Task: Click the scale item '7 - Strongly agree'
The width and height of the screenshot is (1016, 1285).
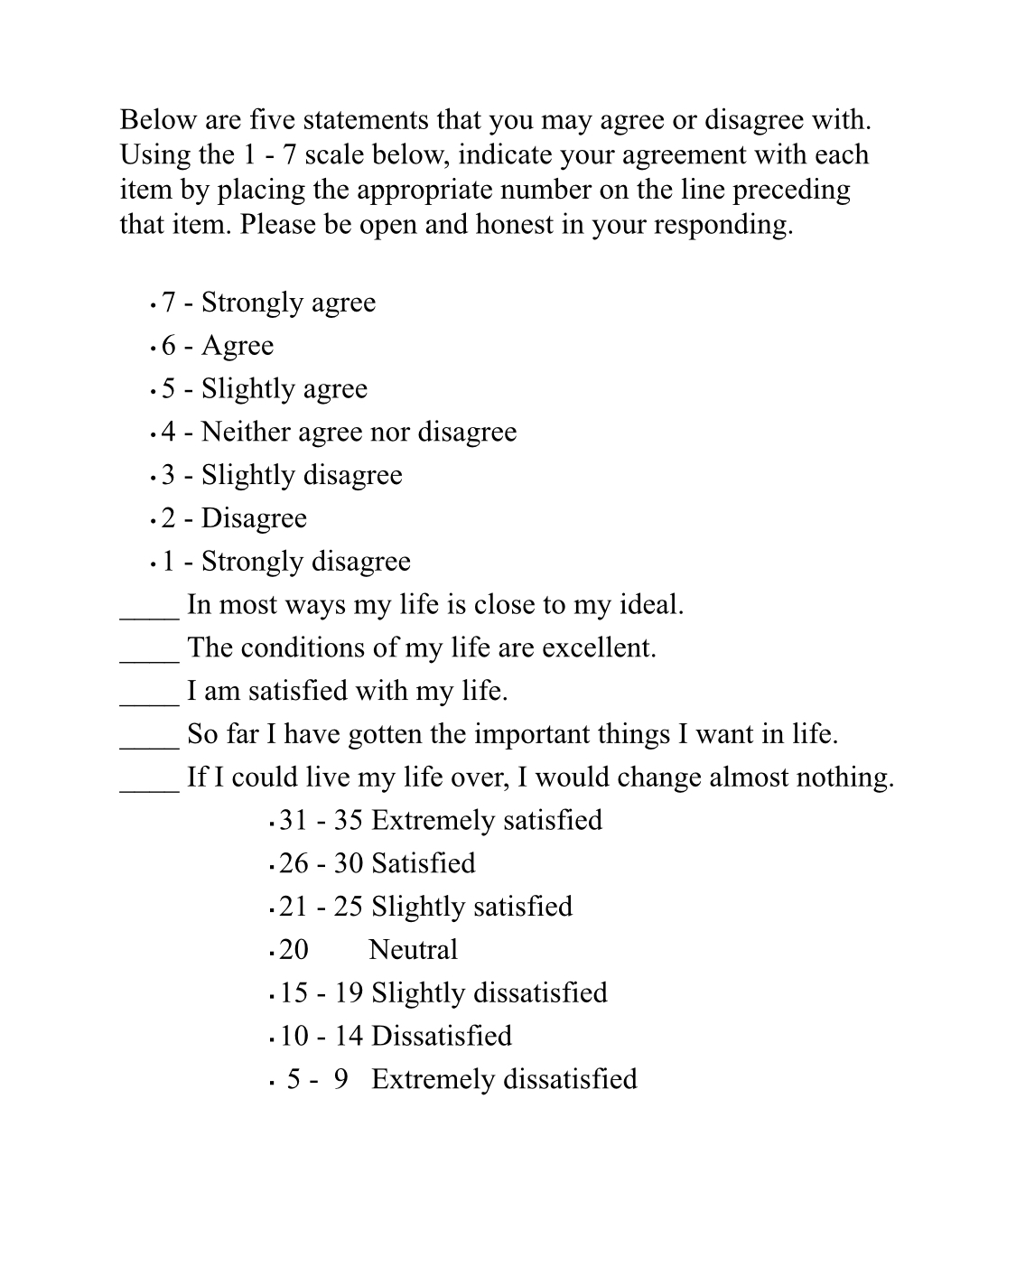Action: coord(268,303)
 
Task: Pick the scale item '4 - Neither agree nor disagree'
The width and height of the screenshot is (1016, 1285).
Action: coord(339,432)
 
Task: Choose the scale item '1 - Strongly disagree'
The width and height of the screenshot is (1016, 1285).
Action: coord(285,562)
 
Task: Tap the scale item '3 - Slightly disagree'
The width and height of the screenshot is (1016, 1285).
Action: coord(282,475)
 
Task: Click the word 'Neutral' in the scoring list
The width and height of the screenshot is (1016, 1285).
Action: coord(413,950)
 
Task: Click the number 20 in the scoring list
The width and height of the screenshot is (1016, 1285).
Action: coord(294,950)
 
